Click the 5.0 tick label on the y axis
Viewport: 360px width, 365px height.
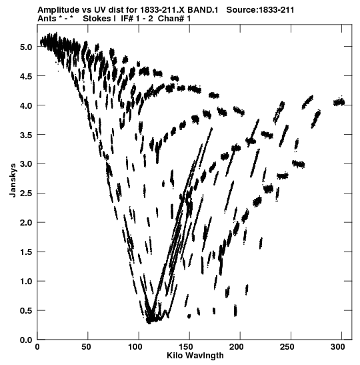[x=26, y=47]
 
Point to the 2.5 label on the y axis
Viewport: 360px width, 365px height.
[x=26, y=194]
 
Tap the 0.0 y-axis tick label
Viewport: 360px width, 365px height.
[x=26, y=340]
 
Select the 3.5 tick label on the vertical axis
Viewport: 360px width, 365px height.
[x=26, y=135]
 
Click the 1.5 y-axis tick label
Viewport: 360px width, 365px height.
[x=26, y=252]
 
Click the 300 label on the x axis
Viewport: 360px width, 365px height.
[x=339, y=347]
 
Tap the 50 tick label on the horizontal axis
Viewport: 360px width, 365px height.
[x=86, y=347]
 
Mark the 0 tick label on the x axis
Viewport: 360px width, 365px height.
[x=37, y=347]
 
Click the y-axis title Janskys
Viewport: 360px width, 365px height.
[x=13, y=180]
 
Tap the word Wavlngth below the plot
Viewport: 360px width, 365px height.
[x=204, y=356]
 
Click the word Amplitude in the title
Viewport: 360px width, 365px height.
[x=58, y=10]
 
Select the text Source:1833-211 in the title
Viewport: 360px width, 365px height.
[x=260, y=10]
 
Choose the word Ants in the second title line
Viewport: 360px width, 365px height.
[x=47, y=19]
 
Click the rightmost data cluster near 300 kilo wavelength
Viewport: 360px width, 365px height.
[x=339, y=102]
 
